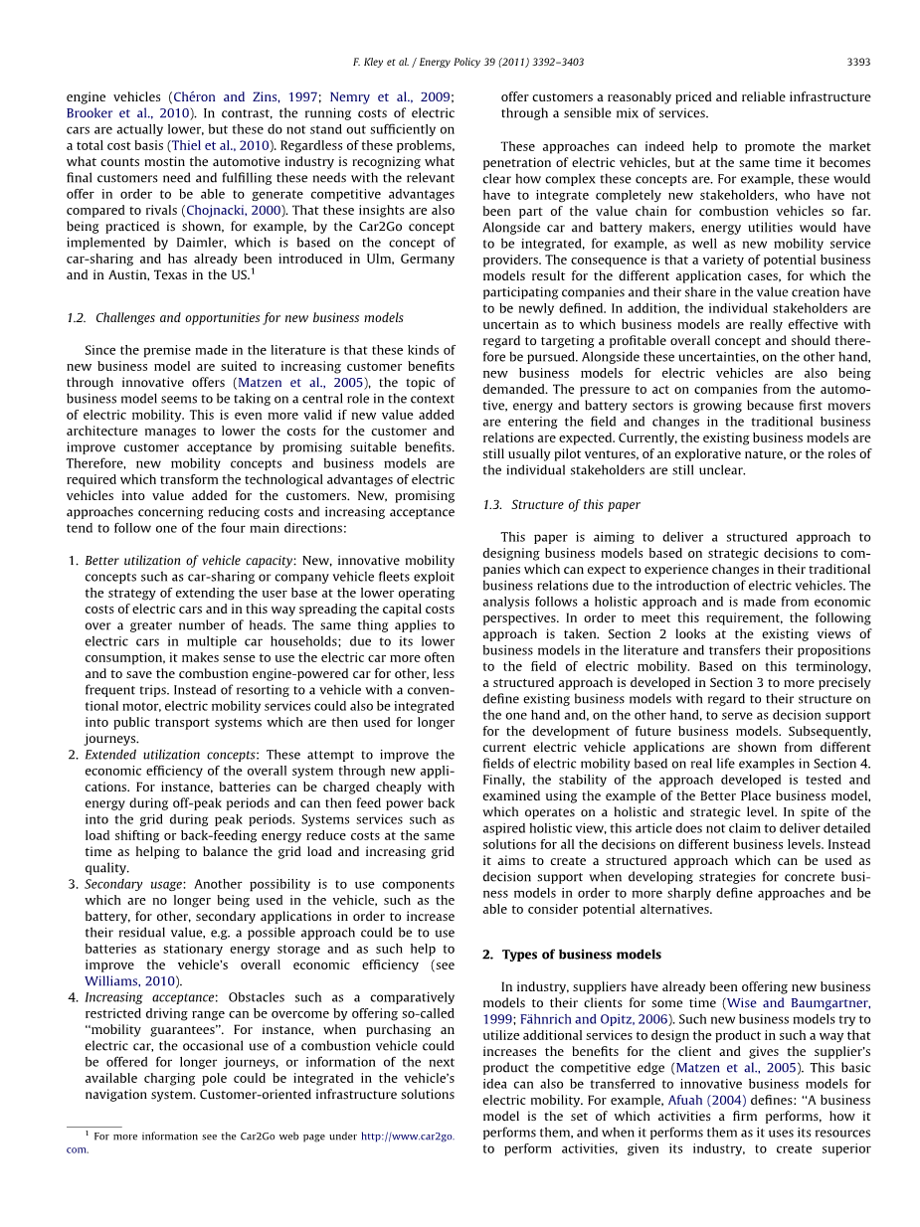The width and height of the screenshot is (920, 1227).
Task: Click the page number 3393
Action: pyautogui.click(x=858, y=62)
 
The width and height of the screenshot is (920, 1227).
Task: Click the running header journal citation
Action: pyautogui.click(x=468, y=62)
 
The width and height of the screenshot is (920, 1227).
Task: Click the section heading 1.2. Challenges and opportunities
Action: pyautogui.click(x=235, y=318)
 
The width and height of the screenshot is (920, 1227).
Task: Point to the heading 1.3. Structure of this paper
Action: pyautogui.click(x=561, y=505)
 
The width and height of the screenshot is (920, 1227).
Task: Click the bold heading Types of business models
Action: pyautogui.click(x=581, y=955)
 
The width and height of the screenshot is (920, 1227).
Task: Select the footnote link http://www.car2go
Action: pyautogui.click(x=407, y=1136)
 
